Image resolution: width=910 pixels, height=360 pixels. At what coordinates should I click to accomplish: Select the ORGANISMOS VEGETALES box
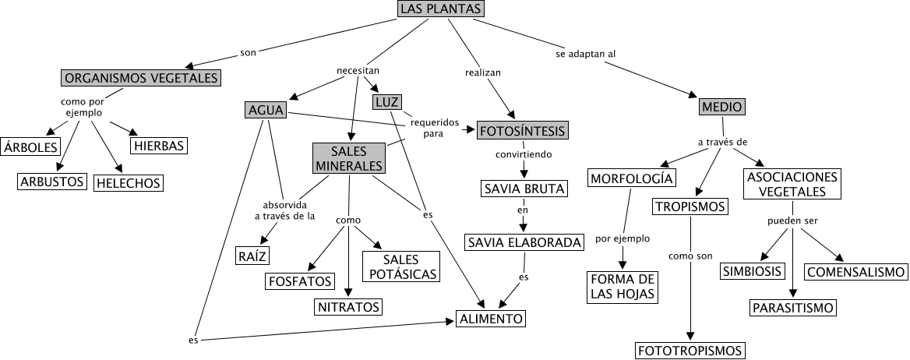(x=141, y=78)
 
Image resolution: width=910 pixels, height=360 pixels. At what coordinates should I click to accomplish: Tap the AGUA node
(x=266, y=111)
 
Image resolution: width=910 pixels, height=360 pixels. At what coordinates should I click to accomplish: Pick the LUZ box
(x=386, y=103)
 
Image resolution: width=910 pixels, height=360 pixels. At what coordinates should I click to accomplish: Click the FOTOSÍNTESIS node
(x=522, y=130)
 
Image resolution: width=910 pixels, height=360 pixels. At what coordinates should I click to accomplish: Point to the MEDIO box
(x=722, y=107)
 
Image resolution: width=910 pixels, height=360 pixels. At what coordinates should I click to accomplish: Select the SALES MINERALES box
(x=350, y=158)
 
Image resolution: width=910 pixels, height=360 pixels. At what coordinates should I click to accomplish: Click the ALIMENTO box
(x=491, y=319)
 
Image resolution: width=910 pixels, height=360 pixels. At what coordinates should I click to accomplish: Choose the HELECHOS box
(x=128, y=183)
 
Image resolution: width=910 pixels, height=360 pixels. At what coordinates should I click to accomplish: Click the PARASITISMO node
(x=793, y=308)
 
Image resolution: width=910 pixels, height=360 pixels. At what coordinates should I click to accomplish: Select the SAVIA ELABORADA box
(x=524, y=243)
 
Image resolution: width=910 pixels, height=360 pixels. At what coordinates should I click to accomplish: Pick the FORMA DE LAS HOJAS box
(x=622, y=287)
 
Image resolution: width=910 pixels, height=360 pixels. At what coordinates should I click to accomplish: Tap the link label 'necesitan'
(x=358, y=70)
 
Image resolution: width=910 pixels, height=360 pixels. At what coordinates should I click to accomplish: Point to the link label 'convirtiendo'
(x=524, y=154)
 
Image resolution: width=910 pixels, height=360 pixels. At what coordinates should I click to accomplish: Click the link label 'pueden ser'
(x=792, y=221)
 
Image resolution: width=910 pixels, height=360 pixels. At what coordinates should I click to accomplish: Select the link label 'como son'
(x=690, y=256)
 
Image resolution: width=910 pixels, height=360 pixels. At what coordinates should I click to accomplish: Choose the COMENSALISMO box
(x=856, y=272)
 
